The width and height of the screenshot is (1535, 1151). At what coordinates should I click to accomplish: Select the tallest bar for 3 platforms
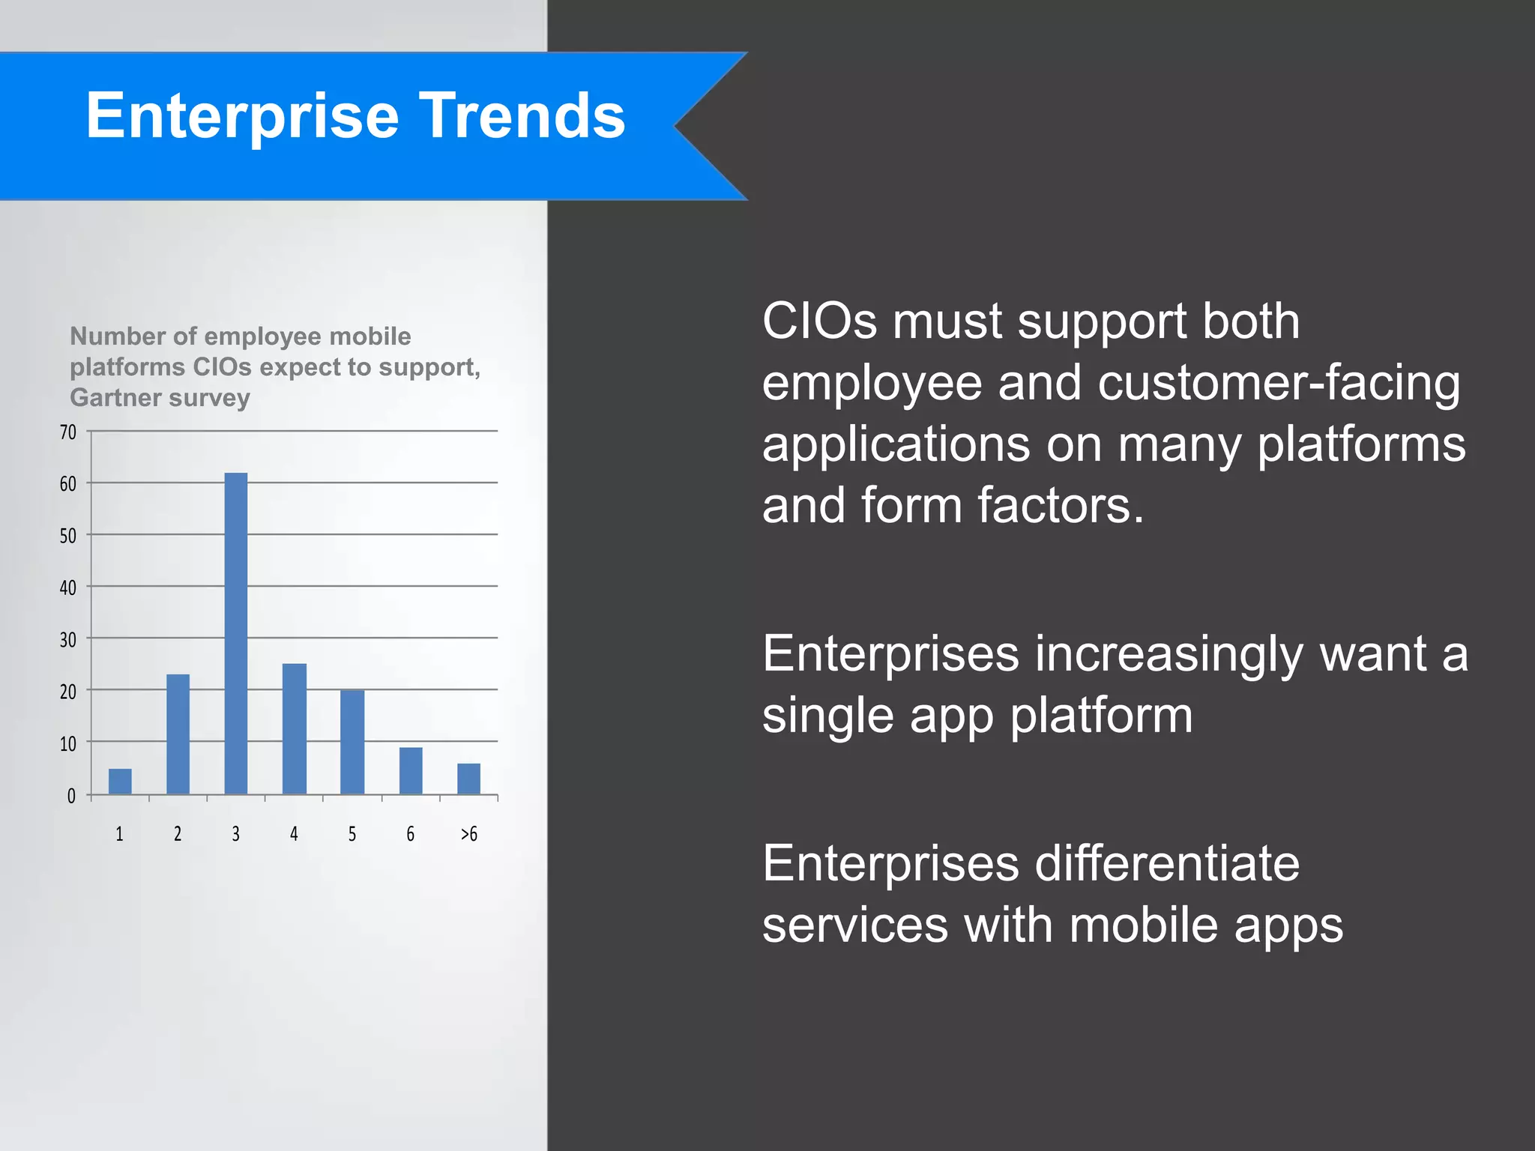tap(236, 633)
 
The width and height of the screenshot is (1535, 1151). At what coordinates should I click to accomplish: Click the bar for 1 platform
tap(120, 782)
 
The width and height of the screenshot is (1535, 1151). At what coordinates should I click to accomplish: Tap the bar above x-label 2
tap(178, 734)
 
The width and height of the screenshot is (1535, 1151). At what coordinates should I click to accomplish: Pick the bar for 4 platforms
tap(295, 728)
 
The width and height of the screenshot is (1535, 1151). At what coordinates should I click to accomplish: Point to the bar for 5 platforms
tap(352, 742)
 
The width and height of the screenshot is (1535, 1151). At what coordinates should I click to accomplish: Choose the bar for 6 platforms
tap(411, 770)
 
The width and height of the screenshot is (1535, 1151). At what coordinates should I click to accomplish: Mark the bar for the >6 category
tap(468, 779)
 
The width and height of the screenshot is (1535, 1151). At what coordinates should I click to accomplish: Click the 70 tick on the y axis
tap(68, 432)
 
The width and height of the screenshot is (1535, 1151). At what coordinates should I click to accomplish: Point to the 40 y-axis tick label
tap(68, 588)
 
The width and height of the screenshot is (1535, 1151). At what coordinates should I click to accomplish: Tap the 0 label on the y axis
tap(71, 796)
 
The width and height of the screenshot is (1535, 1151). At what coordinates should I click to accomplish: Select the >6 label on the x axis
tap(468, 834)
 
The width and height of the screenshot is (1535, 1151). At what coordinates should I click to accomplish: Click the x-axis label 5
tap(352, 834)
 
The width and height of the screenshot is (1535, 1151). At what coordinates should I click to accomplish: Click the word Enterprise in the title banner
tap(241, 116)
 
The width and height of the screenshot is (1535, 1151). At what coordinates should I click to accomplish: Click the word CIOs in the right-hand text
tap(818, 321)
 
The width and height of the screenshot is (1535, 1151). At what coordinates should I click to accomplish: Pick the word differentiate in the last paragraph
tap(1167, 863)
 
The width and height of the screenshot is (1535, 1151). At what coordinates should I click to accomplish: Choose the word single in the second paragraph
tap(827, 715)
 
